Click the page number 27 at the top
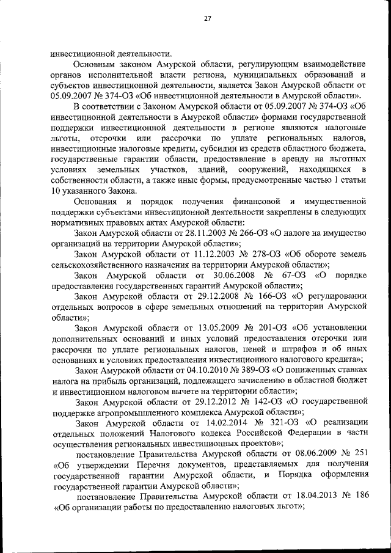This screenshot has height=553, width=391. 207,19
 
